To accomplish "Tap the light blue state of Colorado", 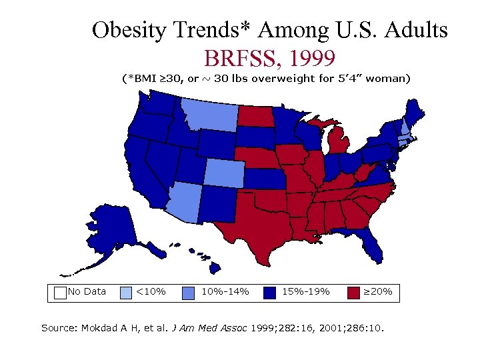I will click(x=225, y=173).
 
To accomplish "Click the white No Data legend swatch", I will click(x=60, y=291).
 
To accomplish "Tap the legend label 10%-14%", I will click(x=225, y=291).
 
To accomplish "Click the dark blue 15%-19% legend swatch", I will click(x=269, y=291).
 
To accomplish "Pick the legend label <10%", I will click(x=151, y=291).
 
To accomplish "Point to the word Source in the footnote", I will click(x=59, y=328).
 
